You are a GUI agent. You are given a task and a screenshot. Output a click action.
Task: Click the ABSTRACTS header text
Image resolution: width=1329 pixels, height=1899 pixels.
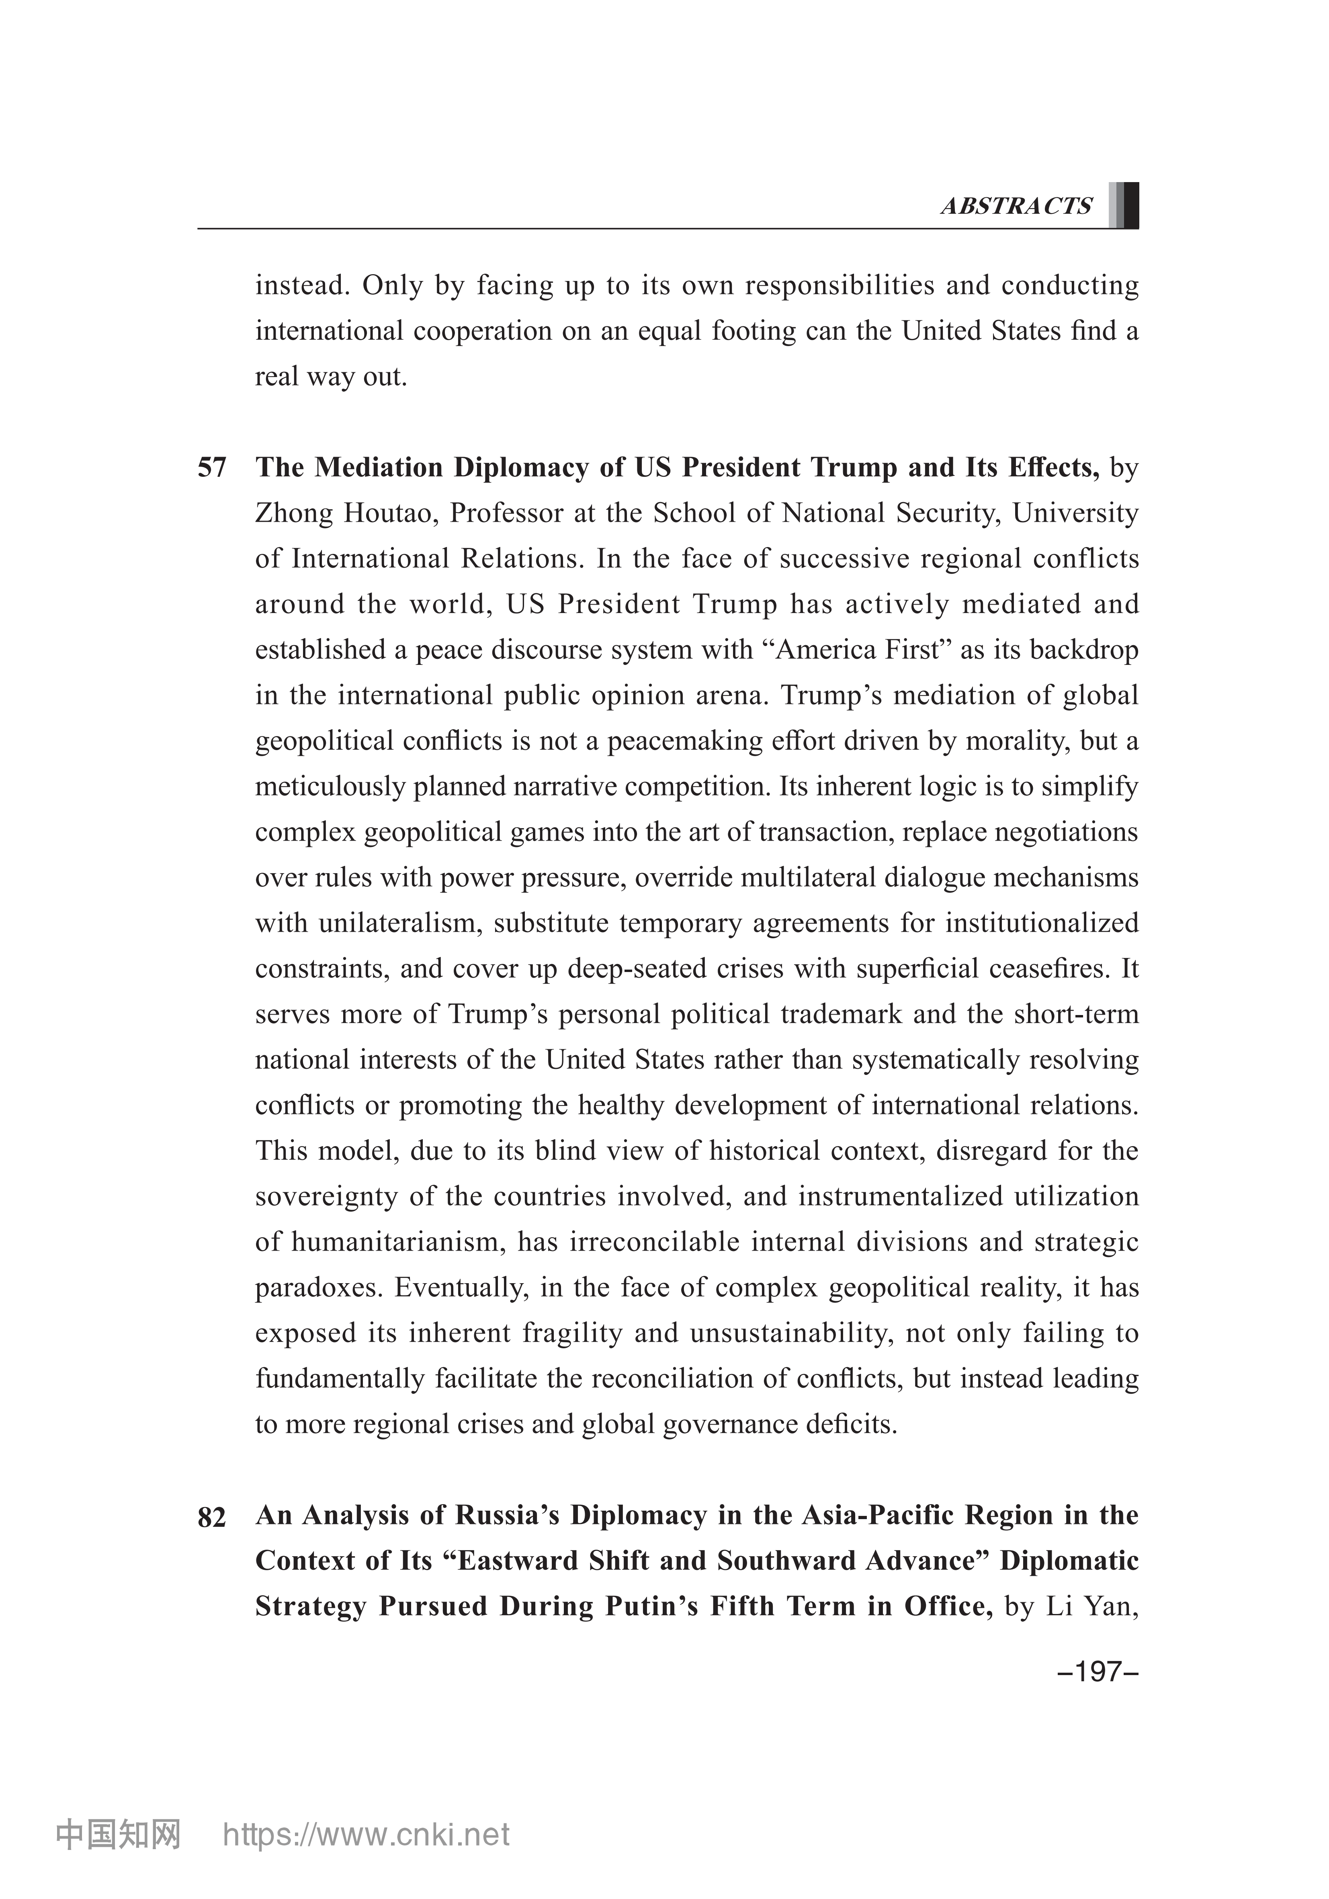point(1016,206)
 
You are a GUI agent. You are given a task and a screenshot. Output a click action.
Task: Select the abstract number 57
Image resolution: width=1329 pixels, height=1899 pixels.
point(212,468)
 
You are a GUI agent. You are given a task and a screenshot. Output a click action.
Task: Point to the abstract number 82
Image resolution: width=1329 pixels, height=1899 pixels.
point(212,1518)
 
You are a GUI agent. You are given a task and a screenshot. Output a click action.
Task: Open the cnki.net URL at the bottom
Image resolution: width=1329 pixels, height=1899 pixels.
point(367,1858)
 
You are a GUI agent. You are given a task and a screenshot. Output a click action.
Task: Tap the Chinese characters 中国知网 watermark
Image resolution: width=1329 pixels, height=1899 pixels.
point(117,1858)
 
